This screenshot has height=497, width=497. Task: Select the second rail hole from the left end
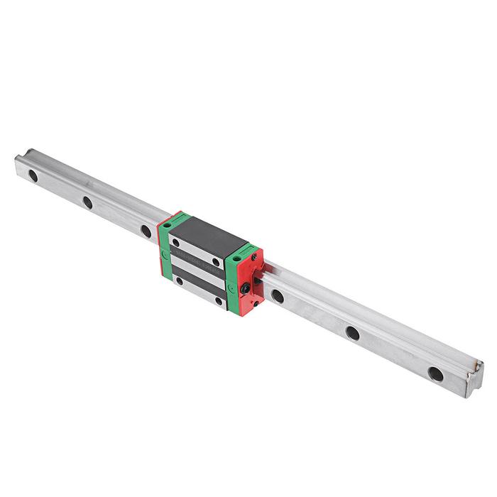(x=87, y=202)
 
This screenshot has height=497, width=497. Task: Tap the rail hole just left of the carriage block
(x=146, y=231)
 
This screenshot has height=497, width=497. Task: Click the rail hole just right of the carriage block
(x=278, y=296)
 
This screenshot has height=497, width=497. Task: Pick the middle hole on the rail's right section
(x=352, y=332)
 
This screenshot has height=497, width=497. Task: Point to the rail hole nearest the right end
(x=435, y=373)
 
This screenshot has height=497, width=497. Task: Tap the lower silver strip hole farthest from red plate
(x=178, y=281)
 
